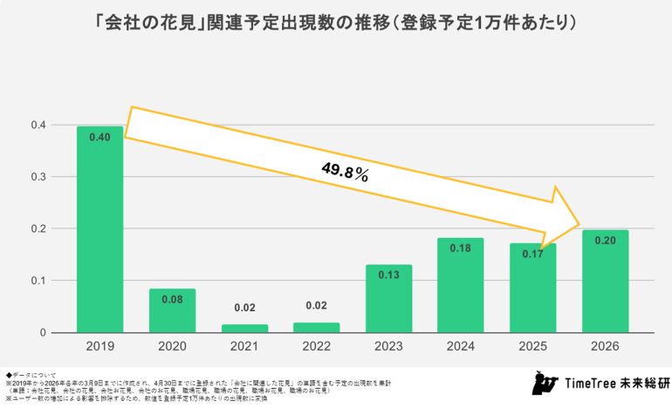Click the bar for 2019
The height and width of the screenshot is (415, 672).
(100, 229)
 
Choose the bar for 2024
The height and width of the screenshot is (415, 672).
(460, 285)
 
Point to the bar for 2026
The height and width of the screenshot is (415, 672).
(604, 281)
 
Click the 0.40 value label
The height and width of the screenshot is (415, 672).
(100, 138)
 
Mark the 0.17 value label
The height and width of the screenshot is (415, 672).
(532, 255)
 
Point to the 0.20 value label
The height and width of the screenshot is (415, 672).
(604, 242)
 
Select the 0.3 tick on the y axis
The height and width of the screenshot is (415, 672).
(39, 177)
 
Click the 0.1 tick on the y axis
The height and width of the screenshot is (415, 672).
(39, 281)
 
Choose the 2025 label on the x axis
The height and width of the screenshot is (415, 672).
(532, 347)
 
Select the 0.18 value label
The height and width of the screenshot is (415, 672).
(460, 249)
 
